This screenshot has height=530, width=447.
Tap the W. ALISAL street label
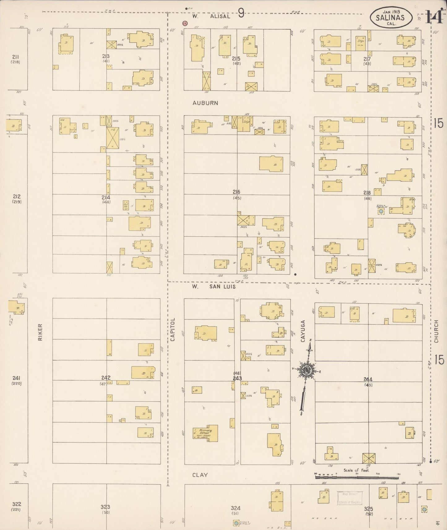point(211,16)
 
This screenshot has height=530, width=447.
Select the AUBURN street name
point(205,103)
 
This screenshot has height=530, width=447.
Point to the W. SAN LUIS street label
point(213,287)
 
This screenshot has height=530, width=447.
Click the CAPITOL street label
point(173,329)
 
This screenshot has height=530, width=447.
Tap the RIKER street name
point(40,332)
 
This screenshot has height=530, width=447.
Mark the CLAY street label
point(200,475)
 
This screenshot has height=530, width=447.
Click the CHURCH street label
point(436,331)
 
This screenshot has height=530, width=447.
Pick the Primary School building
point(205,433)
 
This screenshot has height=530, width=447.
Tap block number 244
point(368,379)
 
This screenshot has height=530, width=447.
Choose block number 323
point(105,507)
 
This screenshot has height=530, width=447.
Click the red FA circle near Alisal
point(185,23)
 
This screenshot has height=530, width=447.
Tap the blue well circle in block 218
point(381,211)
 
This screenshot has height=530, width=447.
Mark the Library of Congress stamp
point(349,498)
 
